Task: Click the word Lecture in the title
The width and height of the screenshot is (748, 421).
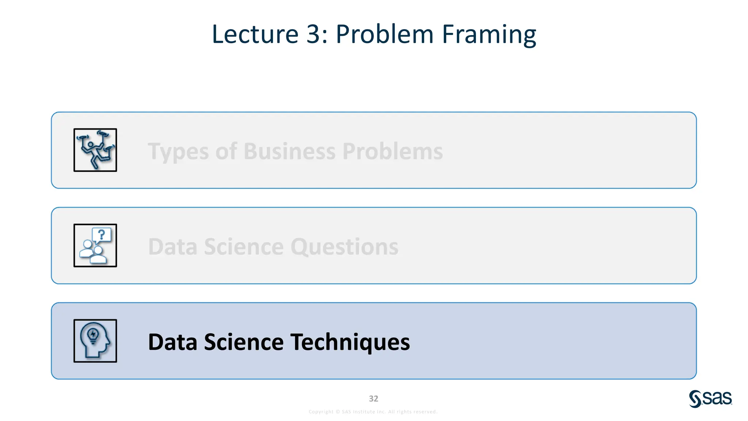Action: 255,34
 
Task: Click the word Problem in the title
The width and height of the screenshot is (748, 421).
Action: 384,34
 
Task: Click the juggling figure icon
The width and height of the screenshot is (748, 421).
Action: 95,150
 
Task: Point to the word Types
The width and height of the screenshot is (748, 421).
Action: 178,152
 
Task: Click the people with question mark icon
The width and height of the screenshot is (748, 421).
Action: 95,246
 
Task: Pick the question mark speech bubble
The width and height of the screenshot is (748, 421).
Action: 102,235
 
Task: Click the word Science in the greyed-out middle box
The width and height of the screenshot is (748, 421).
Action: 244,247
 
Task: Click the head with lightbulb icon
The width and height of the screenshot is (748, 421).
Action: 95,341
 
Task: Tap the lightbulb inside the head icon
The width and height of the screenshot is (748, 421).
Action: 93,334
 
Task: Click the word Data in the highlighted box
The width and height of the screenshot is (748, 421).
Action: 172,342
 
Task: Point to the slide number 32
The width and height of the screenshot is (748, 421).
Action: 373,399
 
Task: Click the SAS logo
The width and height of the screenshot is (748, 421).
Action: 710,399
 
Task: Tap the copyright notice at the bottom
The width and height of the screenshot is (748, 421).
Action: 373,412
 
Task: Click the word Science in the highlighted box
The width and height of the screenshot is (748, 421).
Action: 244,342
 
